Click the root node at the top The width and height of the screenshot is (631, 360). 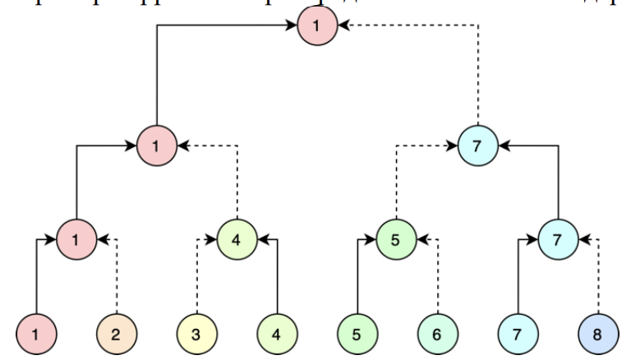317,26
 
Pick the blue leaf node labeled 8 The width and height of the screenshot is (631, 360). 598,335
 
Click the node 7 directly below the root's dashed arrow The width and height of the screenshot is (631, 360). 478,146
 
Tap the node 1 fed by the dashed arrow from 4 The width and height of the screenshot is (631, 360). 157,146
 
